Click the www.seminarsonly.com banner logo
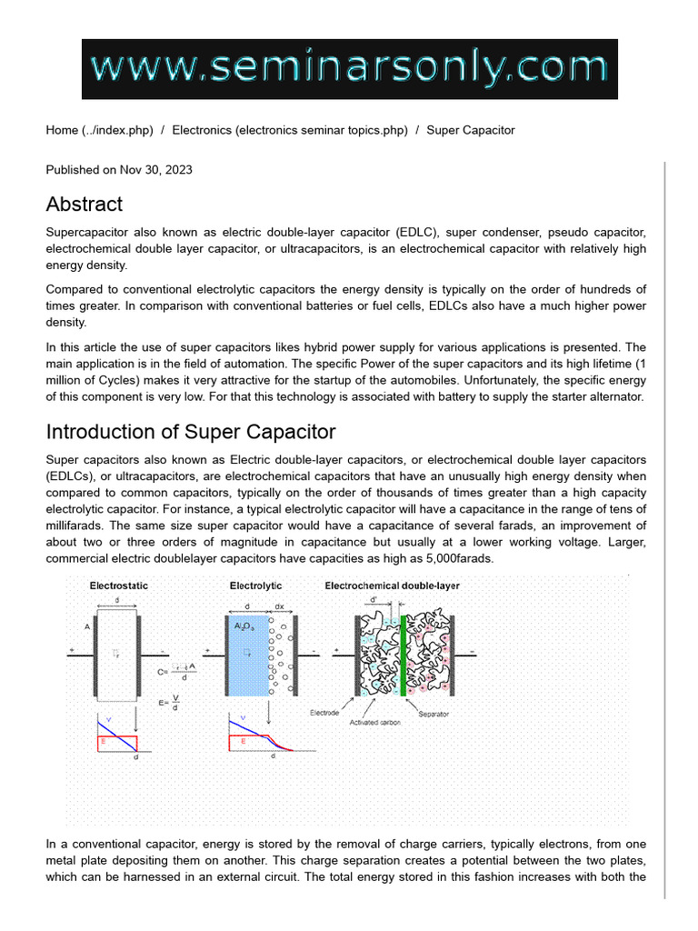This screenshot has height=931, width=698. click(x=349, y=68)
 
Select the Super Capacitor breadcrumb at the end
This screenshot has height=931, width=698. click(x=471, y=130)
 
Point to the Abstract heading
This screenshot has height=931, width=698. click(x=84, y=204)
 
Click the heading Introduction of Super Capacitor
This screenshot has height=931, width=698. click(x=191, y=431)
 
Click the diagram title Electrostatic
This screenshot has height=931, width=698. click(x=118, y=586)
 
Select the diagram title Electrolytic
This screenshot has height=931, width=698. click(x=255, y=586)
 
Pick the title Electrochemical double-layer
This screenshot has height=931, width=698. click(x=392, y=586)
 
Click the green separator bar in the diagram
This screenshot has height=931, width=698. click(x=402, y=652)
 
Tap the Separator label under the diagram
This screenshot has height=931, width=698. click(x=434, y=715)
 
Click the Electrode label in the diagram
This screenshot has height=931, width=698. click(x=324, y=713)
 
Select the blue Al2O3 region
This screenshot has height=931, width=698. click(x=247, y=655)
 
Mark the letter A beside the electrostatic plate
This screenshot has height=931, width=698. click(x=87, y=626)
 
